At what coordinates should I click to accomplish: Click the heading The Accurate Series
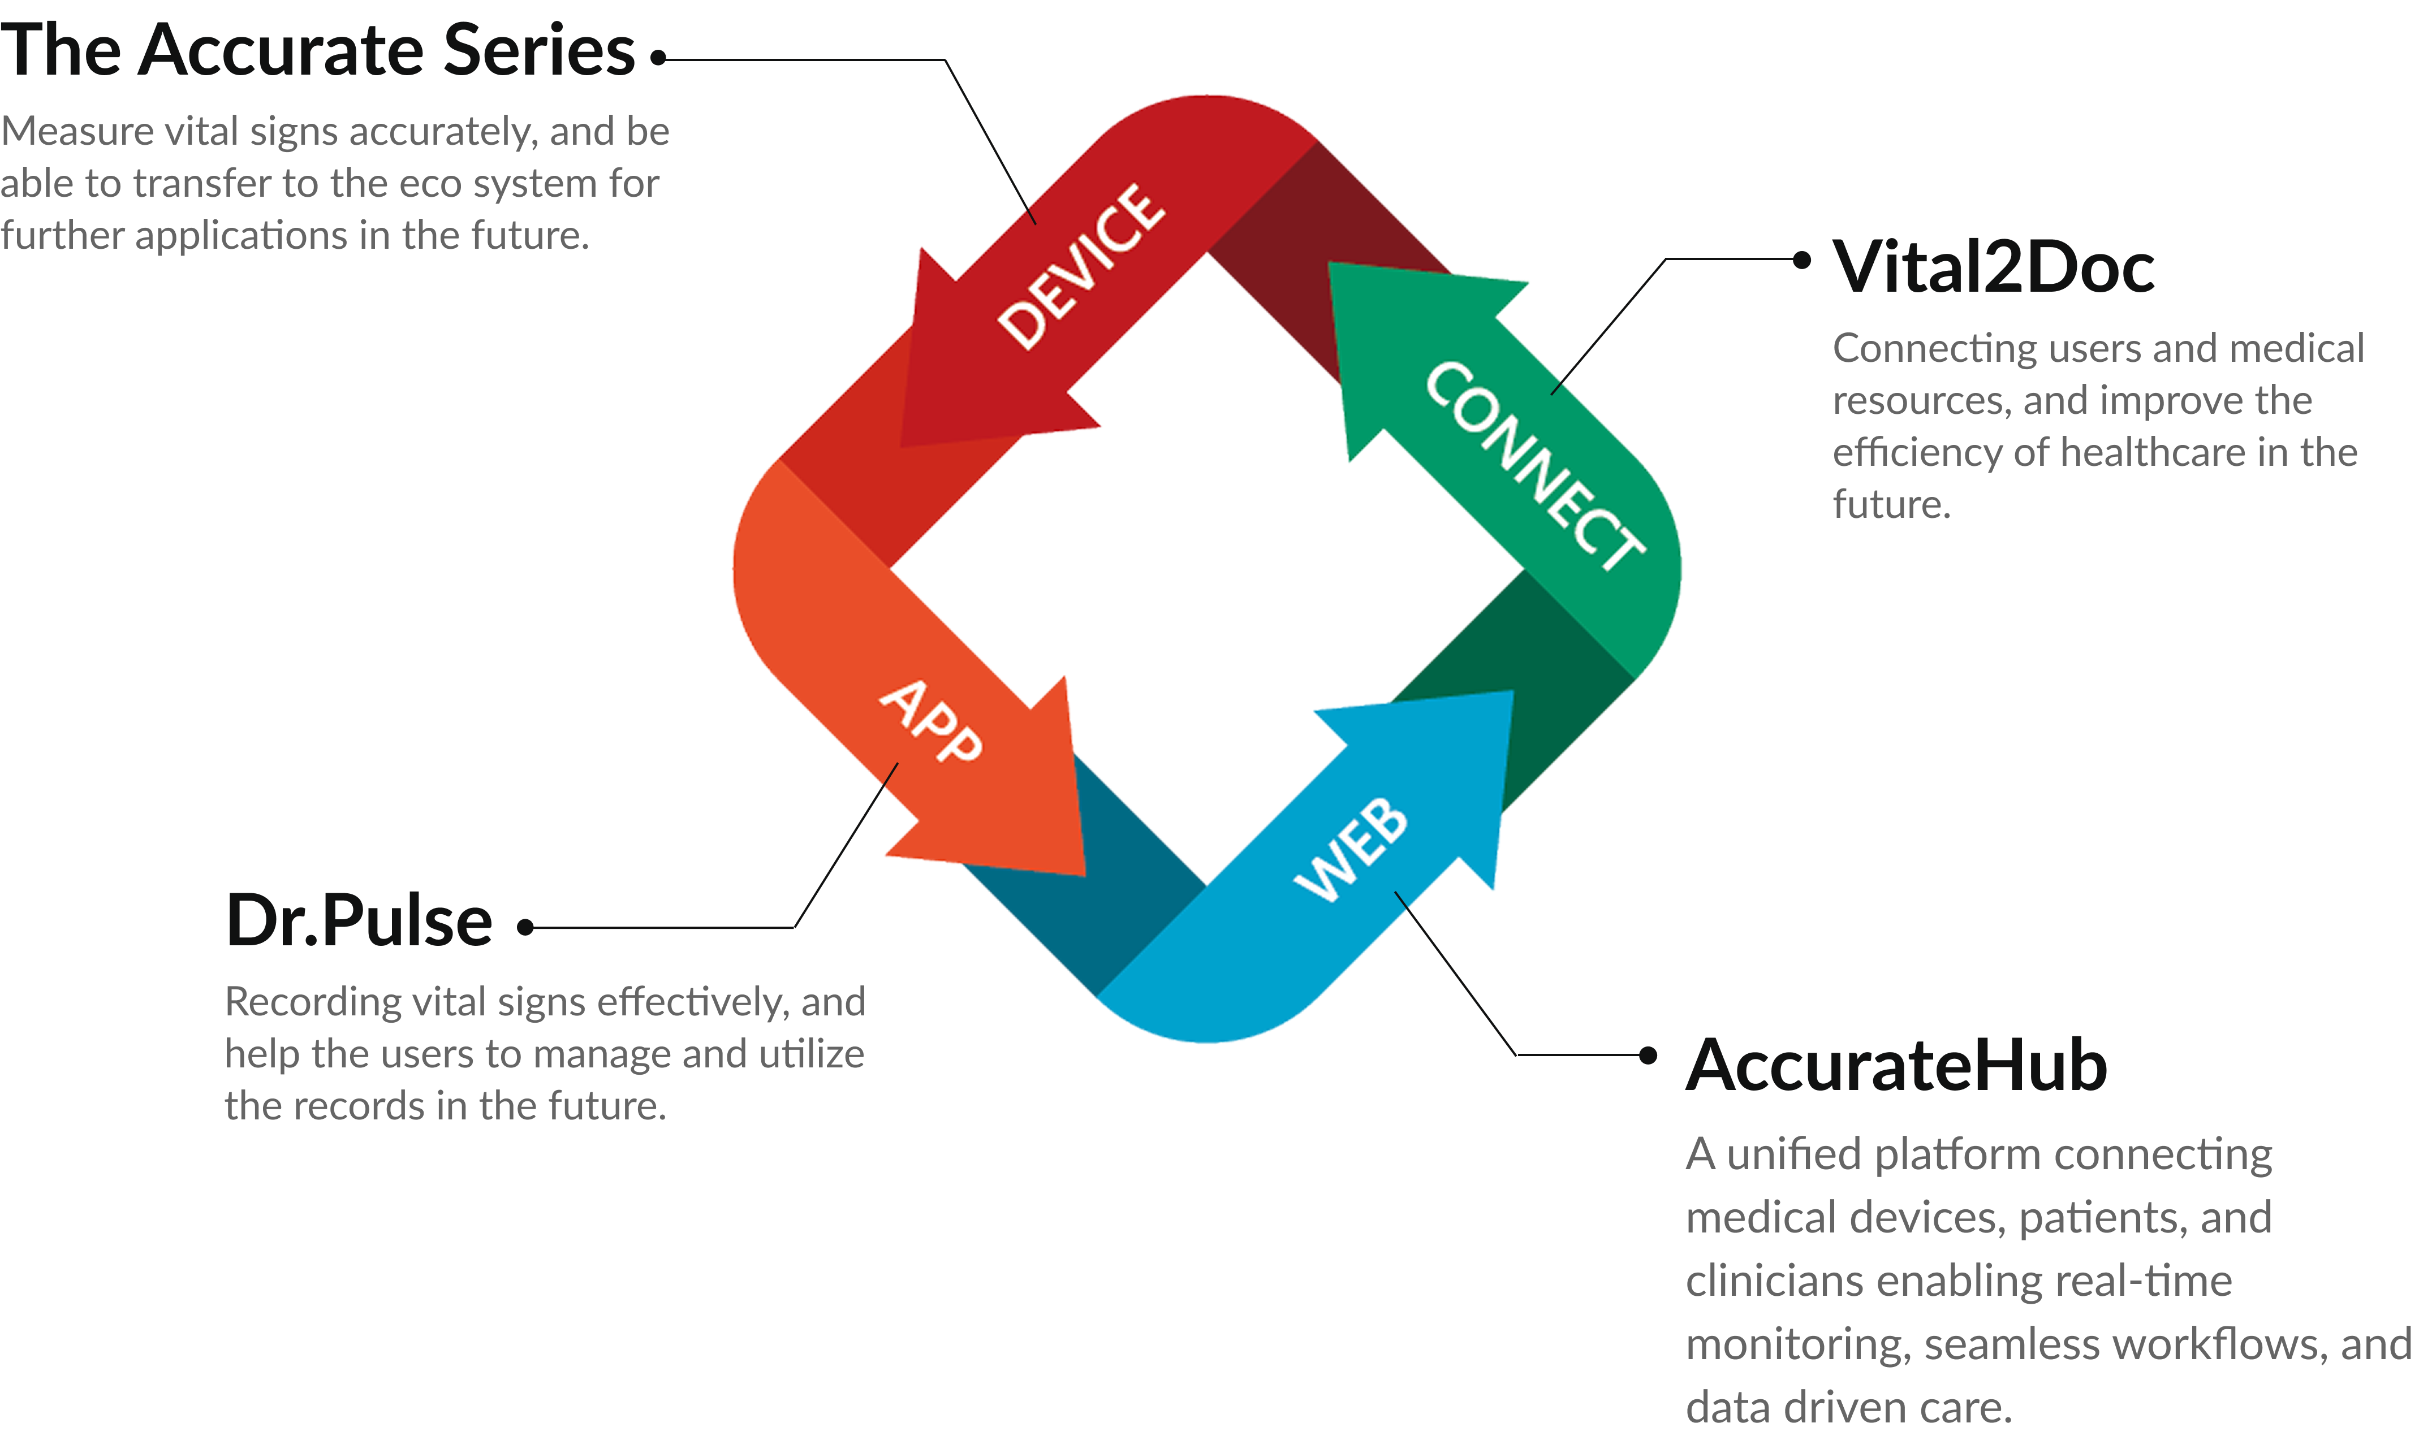pos(317,50)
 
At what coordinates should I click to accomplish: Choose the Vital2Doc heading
pos(1994,267)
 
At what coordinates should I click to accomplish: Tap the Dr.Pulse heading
pos(359,920)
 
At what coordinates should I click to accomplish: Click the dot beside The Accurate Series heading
pos(658,58)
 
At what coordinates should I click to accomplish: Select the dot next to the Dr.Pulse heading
pos(525,927)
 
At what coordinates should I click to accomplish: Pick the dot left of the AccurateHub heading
pos(1648,1055)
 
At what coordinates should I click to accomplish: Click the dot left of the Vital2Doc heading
pos(1802,259)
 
